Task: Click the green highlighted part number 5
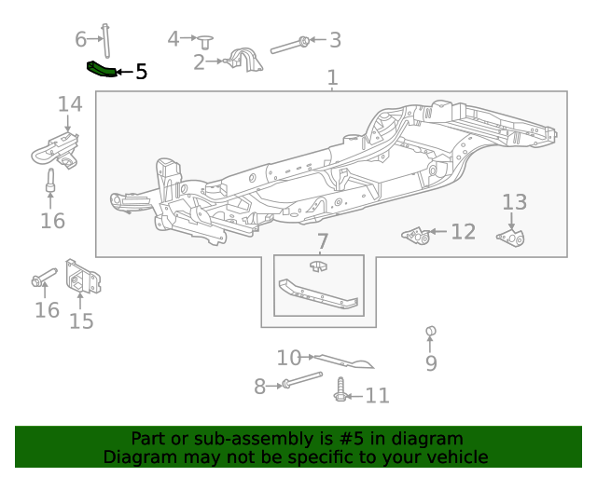coord(101,69)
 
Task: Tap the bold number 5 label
coord(141,72)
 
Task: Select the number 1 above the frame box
coord(332,79)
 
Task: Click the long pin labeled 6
coord(105,41)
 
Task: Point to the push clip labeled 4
coord(206,40)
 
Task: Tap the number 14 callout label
coord(69,103)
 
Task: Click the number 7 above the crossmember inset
coord(322,242)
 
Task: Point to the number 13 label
coord(514,202)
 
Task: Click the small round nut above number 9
coord(431,332)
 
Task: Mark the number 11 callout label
coord(376,396)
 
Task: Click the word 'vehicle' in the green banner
coord(455,457)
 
